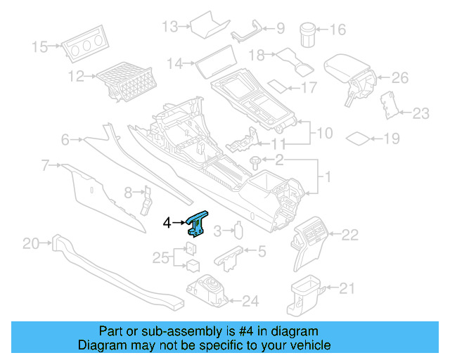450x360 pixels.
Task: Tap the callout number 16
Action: (338, 30)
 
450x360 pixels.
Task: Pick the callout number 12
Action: (76, 75)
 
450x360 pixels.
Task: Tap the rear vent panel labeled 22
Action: (311, 238)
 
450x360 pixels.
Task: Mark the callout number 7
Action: (44, 166)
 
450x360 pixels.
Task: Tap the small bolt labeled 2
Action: (255, 162)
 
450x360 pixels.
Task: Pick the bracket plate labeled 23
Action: (387, 103)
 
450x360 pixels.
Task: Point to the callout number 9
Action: (280, 29)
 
